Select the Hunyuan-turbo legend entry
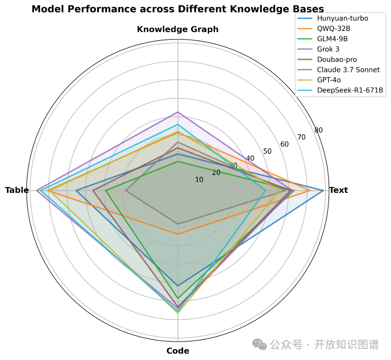coord(342,18)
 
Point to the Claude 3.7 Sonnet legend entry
coord(348,70)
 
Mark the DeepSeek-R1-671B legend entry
coord(350,90)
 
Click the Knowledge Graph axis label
coord(178,29)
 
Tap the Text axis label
coord(339,190)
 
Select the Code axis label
coord(178,351)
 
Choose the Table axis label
coord(17,190)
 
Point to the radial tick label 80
coord(319,130)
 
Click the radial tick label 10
coord(199,180)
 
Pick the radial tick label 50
coord(267,151)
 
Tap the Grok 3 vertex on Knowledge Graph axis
coord(178,112)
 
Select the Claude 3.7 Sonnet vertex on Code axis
coord(178,224)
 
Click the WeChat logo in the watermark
coord(260,344)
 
